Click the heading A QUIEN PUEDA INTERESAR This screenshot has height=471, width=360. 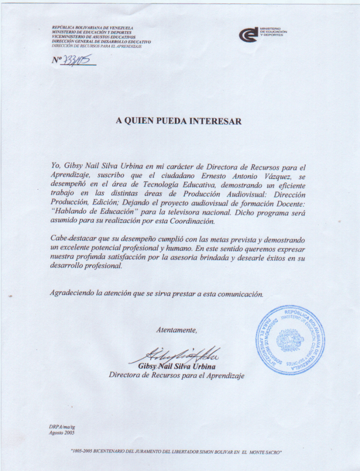click(x=179, y=121)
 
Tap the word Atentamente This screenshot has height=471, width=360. click(x=177, y=330)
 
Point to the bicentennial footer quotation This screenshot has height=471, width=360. click(x=176, y=452)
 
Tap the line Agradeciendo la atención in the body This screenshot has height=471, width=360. click(x=157, y=293)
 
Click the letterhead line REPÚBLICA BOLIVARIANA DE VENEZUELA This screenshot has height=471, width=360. click(x=93, y=28)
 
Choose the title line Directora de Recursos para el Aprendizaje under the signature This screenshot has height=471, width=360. click(x=177, y=375)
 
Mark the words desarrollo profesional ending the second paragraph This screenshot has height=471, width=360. click(x=86, y=266)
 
